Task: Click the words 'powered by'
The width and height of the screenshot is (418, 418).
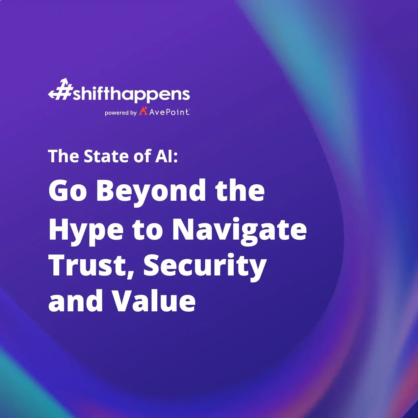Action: [120, 113]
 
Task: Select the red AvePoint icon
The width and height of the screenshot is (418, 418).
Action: [143, 111]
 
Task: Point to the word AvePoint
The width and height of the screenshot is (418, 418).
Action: [169, 112]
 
